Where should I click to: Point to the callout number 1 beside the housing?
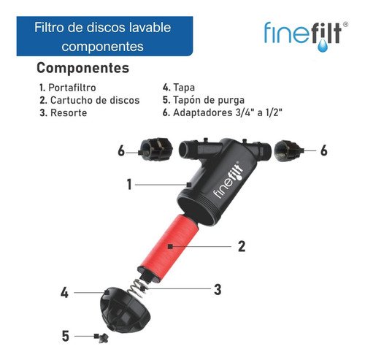129,185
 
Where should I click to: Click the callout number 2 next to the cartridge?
242,246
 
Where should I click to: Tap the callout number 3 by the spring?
218,289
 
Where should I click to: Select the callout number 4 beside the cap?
65,293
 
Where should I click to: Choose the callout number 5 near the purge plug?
65,336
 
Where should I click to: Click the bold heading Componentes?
82,68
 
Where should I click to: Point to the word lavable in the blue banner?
150,28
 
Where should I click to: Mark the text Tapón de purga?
207,100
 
